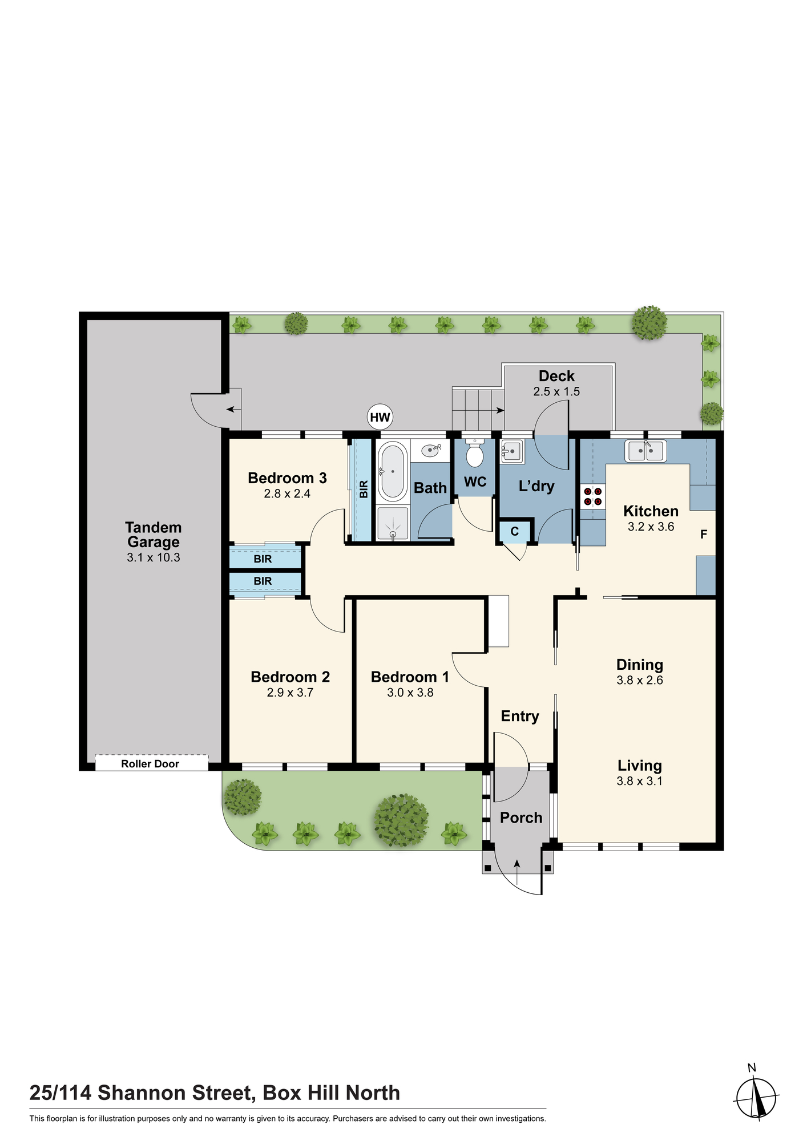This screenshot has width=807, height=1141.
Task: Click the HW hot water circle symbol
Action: click(380, 417)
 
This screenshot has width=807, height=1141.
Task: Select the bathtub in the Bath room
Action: click(393, 471)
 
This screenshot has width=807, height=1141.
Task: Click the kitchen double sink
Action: click(646, 451)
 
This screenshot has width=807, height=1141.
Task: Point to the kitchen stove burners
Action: click(593, 496)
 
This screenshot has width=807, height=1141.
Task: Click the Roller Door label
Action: click(150, 764)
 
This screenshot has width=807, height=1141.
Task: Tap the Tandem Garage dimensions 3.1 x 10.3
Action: click(154, 557)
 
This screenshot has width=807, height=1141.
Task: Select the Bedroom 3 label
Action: click(287, 478)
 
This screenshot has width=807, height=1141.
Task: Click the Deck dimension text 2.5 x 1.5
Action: click(556, 391)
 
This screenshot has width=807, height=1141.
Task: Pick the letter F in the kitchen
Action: click(704, 535)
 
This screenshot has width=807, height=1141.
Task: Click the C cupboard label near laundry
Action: click(515, 532)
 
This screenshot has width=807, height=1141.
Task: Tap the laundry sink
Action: click(511, 451)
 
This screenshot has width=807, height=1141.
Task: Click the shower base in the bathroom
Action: click(393, 523)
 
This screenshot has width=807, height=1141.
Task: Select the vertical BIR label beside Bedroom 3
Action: click(364, 489)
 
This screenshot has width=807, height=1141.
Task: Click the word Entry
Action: click(520, 717)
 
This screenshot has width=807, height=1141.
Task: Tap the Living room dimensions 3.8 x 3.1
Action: click(640, 781)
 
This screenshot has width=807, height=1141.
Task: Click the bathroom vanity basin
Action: click(431, 451)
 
